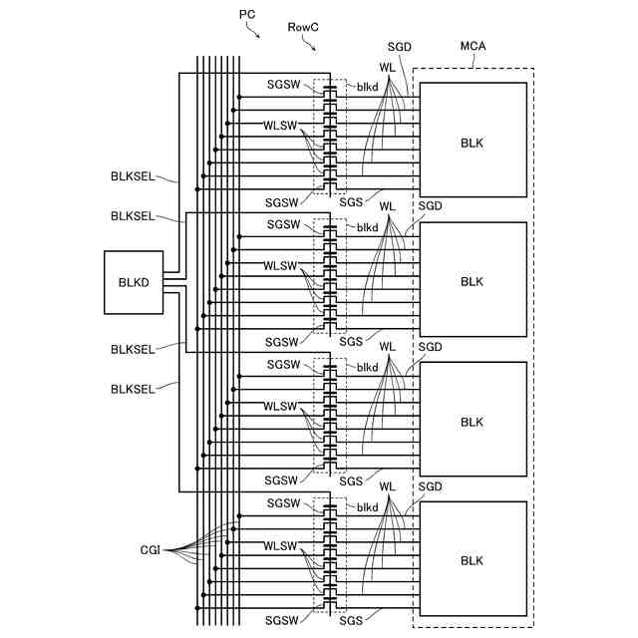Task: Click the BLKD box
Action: pyautogui.click(x=134, y=282)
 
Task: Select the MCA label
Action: pyautogui.click(x=474, y=47)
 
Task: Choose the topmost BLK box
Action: pyautogui.click(x=473, y=142)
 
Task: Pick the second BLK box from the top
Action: pyautogui.click(x=473, y=281)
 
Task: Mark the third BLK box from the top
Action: pyautogui.click(x=473, y=422)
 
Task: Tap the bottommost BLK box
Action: pyautogui.click(x=473, y=560)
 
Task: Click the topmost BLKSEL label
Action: pyautogui.click(x=133, y=176)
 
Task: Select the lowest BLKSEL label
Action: pyautogui.click(x=133, y=389)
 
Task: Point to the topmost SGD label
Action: pyautogui.click(x=400, y=49)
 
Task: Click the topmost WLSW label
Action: pyautogui.click(x=280, y=126)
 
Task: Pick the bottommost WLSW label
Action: pyautogui.click(x=280, y=546)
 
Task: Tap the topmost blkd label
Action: pyautogui.click(x=368, y=88)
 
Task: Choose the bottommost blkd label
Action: pyautogui.click(x=368, y=507)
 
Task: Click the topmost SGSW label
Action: pyautogui.click(x=283, y=88)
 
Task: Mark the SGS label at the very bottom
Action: pyautogui.click(x=351, y=621)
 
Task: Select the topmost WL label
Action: pyautogui.click(x=388, y=67)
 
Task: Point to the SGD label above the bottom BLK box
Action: pyautogui.click(x=431, y=485)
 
